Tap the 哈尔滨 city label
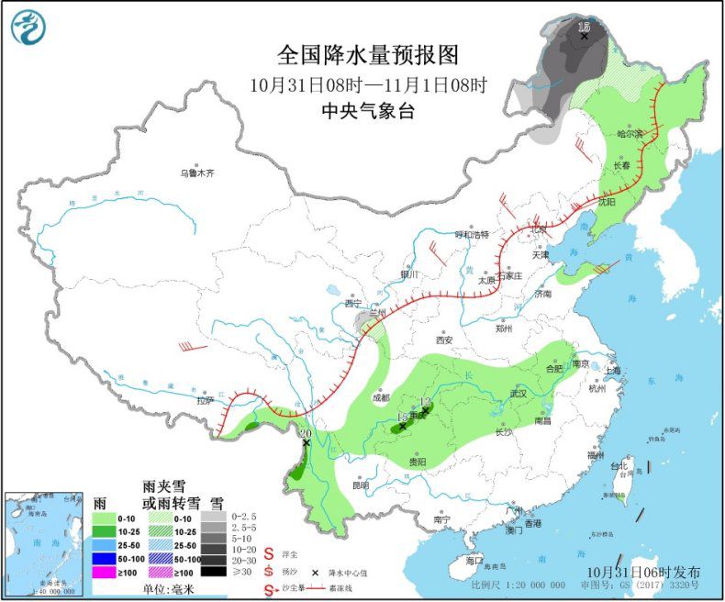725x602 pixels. (630, 134)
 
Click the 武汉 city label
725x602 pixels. (518, 394)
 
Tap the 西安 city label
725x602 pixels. (445, 339)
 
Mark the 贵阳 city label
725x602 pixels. (418, 462)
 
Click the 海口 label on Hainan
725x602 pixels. (474, 560)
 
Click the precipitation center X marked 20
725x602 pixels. (306, 442)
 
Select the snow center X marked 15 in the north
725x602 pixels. (585, 36)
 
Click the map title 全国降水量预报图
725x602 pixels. (367, 55)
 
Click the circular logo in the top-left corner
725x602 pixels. (29, 27)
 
